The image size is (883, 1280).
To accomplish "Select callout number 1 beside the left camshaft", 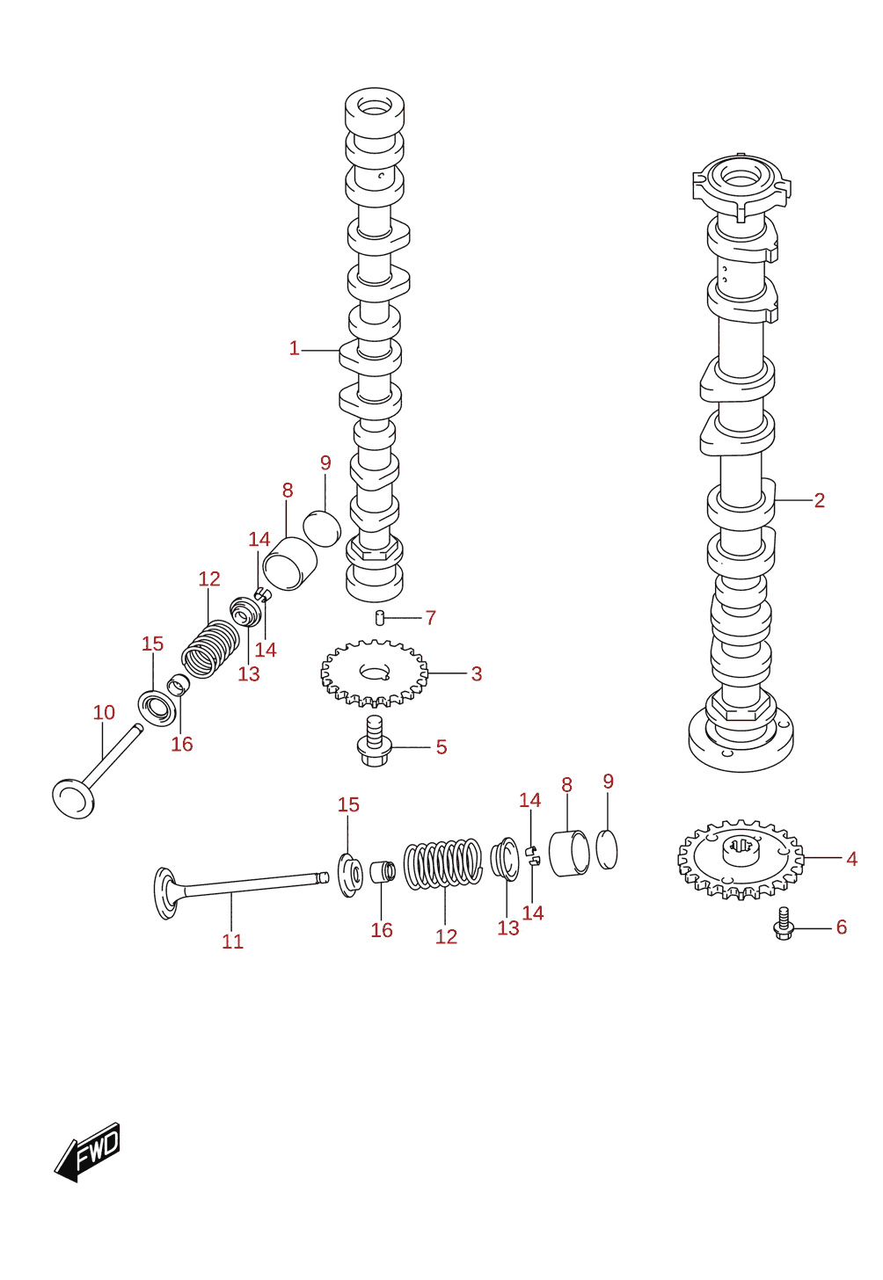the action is tap(294, 348).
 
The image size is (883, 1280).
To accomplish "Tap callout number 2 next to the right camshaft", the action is tap(819, 500).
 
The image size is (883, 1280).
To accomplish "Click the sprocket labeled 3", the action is tap(375, 673).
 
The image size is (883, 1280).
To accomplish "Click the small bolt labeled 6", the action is tap(784, 924).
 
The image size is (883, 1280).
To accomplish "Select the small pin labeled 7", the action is tap(378, 618).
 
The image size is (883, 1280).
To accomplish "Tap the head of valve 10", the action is tap(73, 796).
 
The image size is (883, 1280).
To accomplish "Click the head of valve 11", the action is tap(165, 893).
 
